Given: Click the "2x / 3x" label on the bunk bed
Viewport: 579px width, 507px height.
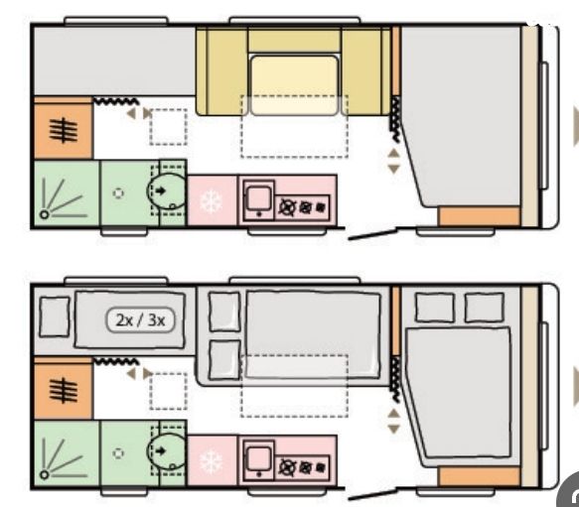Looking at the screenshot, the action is [x=140, y=320].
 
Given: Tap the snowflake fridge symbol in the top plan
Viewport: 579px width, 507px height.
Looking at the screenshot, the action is [x=212, y=201].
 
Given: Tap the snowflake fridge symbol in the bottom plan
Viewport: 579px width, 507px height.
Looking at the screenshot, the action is [x=212, y=461].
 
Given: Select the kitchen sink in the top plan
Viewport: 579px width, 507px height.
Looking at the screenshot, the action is [x=259, y=200].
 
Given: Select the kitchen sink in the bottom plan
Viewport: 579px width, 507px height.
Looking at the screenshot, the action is [x=259, y=460].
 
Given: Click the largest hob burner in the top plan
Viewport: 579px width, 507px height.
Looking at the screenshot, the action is [x=287, y=207].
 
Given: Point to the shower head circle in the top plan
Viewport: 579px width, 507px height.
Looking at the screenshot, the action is [x=45, y=214].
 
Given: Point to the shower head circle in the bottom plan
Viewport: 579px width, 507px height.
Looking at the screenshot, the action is [x=45, y=474].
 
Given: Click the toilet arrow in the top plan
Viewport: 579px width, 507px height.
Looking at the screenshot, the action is [x=161, y=190].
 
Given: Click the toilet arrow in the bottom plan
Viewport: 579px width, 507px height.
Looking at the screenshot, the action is [x=161, y=450].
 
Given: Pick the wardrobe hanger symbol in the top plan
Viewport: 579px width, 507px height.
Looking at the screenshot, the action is [x=64, y=130].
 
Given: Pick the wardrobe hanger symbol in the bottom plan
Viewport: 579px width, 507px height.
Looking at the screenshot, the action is [x=64, y=390].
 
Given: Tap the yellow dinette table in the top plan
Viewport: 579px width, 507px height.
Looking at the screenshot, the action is [x=294, y=85].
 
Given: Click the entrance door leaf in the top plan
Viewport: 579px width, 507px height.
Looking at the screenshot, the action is [x=372, y=235].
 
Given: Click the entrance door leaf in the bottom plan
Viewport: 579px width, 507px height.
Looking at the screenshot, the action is [x=372, y=495].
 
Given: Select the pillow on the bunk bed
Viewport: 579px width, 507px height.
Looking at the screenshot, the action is [x=55, y=317].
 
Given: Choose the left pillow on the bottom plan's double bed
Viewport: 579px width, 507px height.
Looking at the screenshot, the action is [x=435, y=308].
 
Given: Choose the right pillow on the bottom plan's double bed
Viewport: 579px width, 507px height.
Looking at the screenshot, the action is [x=484, y=308].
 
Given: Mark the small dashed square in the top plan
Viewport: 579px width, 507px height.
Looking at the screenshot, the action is [x=169, y=127].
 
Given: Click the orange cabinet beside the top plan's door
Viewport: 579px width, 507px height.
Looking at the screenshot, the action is [x=480, y=216].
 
